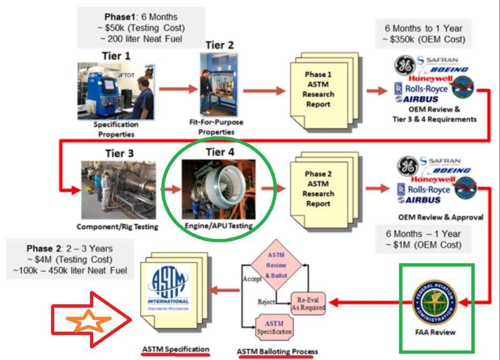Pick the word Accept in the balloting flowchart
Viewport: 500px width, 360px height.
pos(252,279)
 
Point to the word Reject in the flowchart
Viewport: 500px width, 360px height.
pos(268,301)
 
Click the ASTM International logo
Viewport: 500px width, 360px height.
pos(168,288)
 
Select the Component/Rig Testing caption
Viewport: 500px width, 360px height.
pos(117,227)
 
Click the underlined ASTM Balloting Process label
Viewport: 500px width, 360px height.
pos(277,352)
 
